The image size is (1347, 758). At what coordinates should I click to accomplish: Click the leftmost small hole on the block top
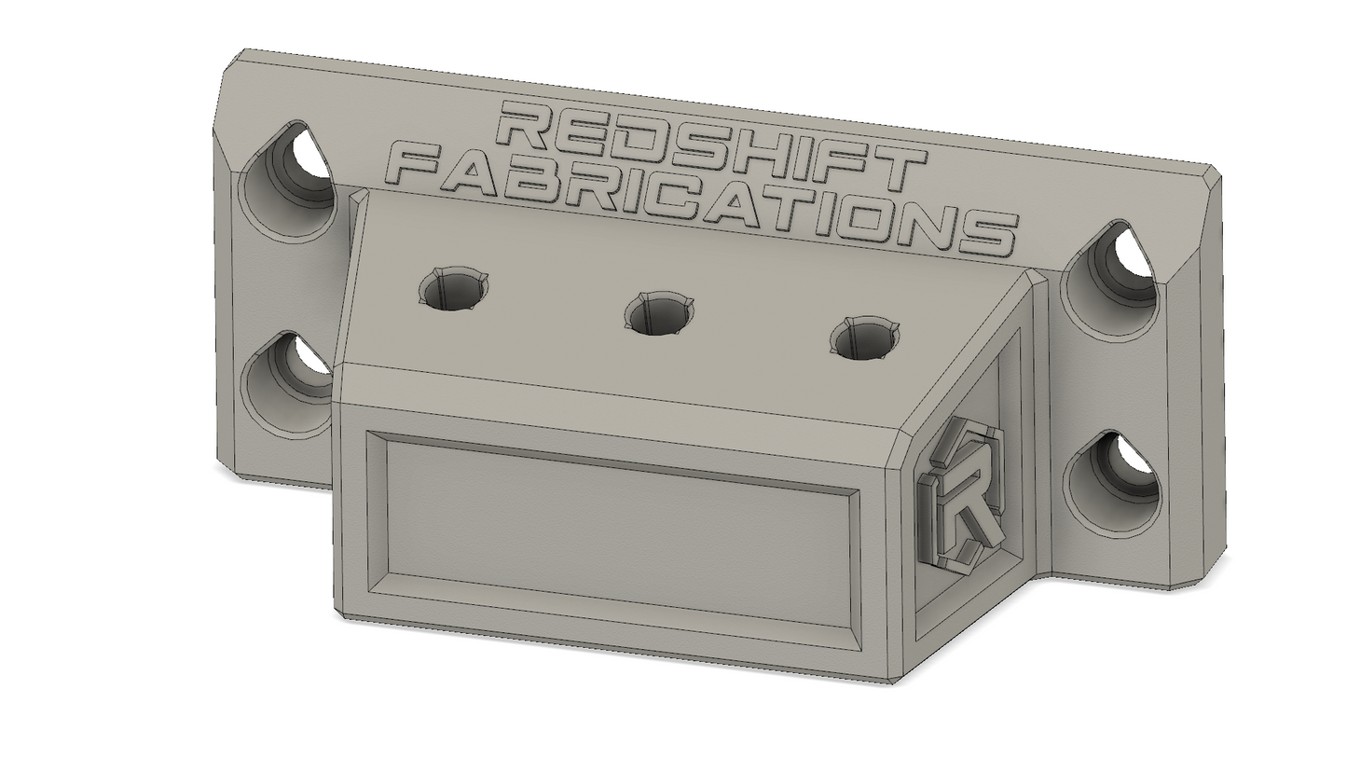pyautogui.click(x=452, y=287)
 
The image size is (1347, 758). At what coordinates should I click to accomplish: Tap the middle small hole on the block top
pyautogui.click(x=658, y=313)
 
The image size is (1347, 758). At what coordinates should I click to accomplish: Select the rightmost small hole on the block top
pyautogui.click(x=864, y=338)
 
